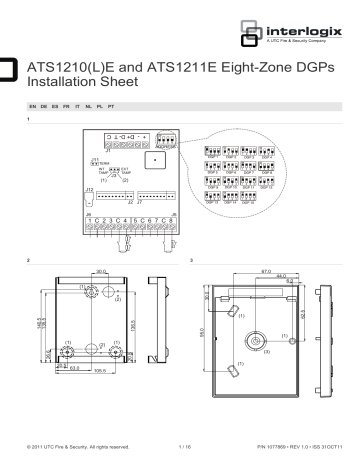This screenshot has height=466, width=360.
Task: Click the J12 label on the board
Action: (90, 188)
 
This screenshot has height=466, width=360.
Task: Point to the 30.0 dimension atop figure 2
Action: (100, 295)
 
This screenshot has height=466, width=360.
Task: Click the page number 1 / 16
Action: (184, 447)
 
